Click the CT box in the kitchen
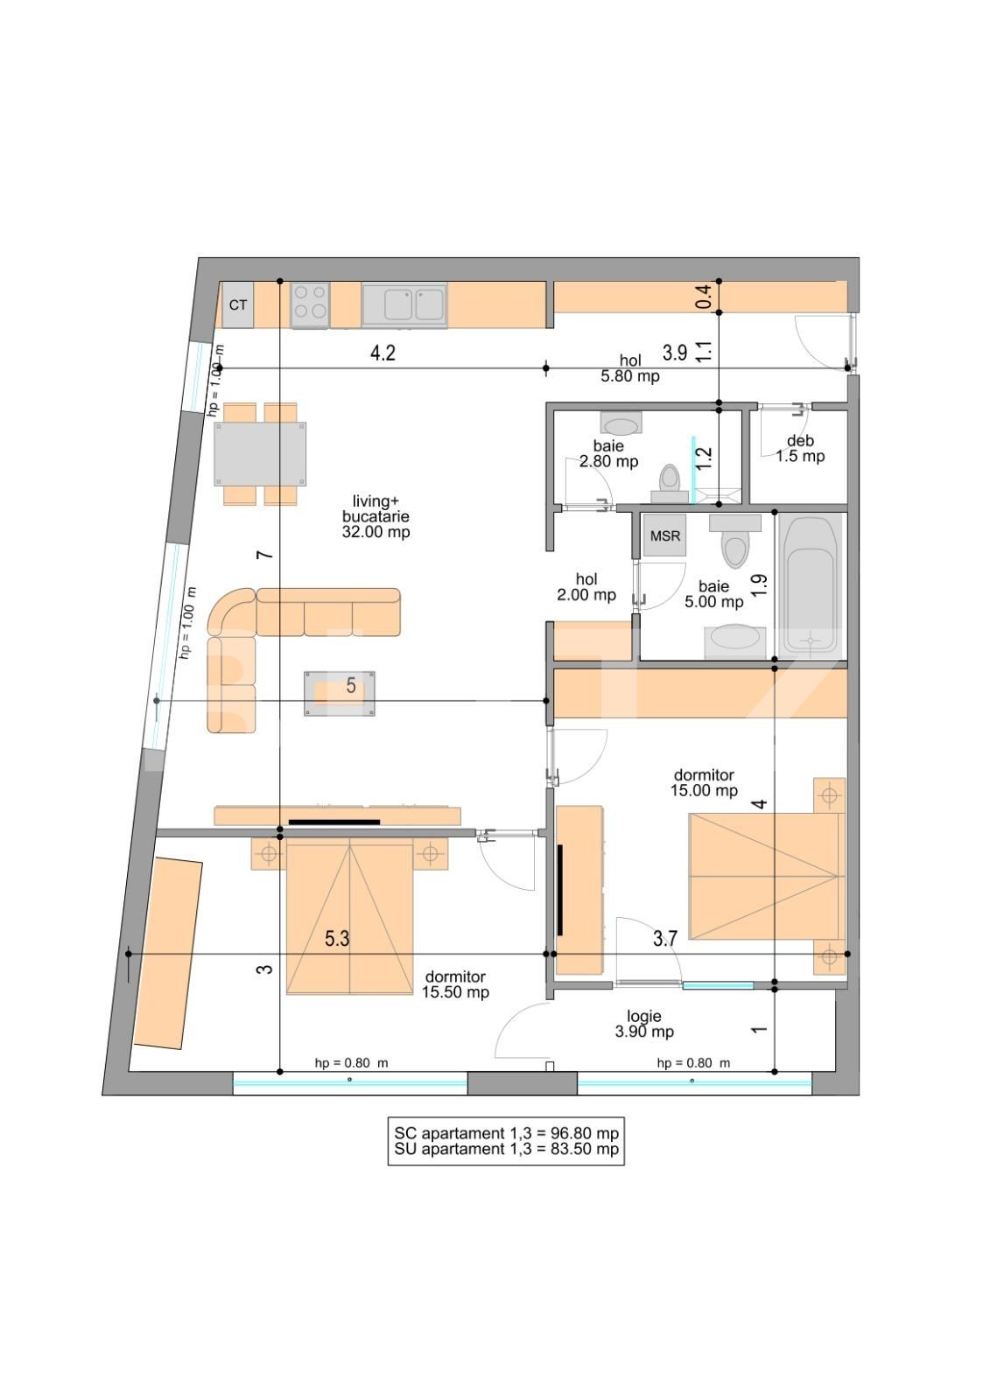pyautogui.click(x=237, y=305)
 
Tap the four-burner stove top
pyautogui.click(x=310, y=305)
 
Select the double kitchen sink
pyautogui.click(x=404, y=305)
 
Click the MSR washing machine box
pyautogui.click(x=664, y=535)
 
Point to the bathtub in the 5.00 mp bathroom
pyautogui.click(x=811, y=585)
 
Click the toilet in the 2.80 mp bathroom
pyautogui.click(x=670, y=482)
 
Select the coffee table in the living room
pyautogui.click(x=340, y=693)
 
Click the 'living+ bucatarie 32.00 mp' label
pyautogui.click(x=376, y=516)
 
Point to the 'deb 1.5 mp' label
pyautogui.click(x=800, y=449)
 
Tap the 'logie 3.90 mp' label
pyautogui.click(x=644, y=1024)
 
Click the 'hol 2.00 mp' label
pyautogui.click(x=586, y=587)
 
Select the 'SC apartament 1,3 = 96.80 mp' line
pyautogui.click(x=506, y=1132)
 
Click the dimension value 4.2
pyautogui.click(x=383, y=353)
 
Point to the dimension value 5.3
pyautogui.click(x=337, y=938)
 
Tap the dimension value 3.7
pyautogui.click(x=665, y=938)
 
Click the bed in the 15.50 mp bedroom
pyautogui.click(x=349, y=916)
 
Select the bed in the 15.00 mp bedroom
pyautogui.click(x=764, y=876)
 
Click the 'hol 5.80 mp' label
pyautogui.click(x=630, y=368)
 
